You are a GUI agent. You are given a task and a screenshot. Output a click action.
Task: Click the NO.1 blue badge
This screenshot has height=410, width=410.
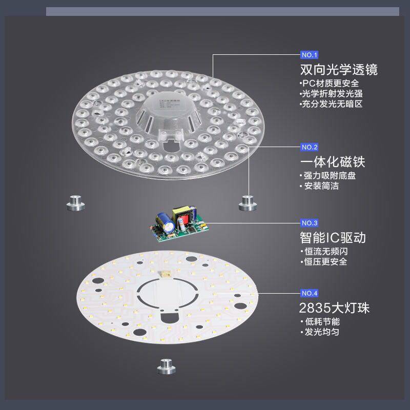point(310,55)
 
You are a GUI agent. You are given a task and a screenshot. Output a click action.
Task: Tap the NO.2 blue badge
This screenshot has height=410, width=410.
point(310,147)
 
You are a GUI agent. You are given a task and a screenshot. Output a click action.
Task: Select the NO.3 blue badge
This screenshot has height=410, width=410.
point(310,223)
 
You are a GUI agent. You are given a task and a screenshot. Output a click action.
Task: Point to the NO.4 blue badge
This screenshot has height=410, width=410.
point(310,293)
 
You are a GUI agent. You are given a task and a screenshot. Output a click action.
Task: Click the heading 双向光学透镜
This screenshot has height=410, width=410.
point(342,70)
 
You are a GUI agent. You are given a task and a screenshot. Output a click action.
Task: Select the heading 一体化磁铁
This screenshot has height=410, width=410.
point(333,162)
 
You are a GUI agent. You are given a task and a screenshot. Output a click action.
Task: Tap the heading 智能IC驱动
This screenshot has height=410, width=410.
point(333,238)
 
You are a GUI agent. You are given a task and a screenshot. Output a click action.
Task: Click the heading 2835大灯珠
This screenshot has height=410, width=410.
point(334,308)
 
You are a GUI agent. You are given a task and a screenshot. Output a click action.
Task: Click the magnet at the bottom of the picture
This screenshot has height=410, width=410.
point(165,366)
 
